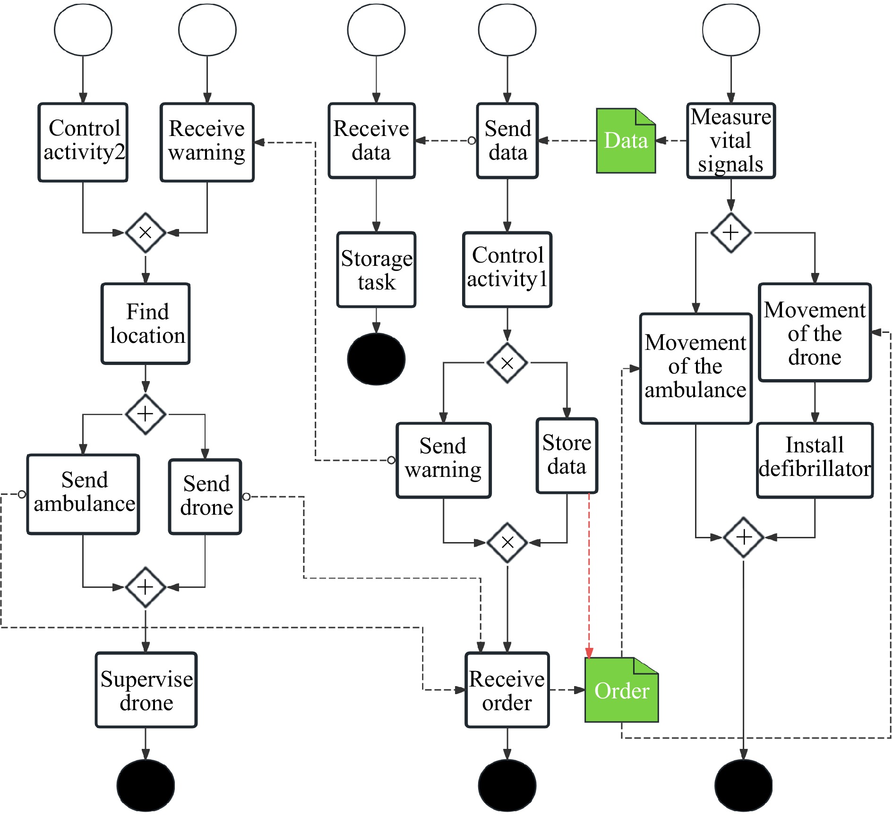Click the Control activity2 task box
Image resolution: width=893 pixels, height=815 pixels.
(x=83, y=142)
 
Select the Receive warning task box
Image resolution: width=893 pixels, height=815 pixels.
(x=207, y=142)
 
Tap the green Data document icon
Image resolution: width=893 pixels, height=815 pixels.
(x=626, y=141)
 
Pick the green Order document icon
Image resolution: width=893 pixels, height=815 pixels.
(x=621, y=690)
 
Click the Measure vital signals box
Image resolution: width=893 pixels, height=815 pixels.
(x=730, y=141)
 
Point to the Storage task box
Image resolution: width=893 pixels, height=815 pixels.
(x=376, y=270)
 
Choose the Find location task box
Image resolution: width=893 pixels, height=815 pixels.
(x=146, y=323)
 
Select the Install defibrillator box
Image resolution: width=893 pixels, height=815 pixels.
(x=815, y=460)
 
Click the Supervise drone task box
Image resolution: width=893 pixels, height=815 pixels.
(x=146, y=690)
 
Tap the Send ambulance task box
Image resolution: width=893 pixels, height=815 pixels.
(x=83, y=494)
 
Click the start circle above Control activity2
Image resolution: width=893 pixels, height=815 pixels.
(x=83, y=30)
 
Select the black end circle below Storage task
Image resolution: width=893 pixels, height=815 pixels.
(x=376, y=359)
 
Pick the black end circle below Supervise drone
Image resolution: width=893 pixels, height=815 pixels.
(x=146, y=785)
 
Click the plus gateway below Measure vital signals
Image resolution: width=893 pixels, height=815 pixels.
(x=730, y=232)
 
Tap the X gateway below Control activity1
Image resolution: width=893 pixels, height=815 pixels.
(x=507, y=363)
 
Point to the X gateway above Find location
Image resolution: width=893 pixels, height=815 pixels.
(x=146, y=232)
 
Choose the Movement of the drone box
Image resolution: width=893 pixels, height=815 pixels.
(x=815, y=332)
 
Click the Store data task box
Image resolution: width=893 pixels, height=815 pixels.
(x=567, y=455)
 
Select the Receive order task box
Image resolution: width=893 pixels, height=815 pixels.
(x=507, y=690)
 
